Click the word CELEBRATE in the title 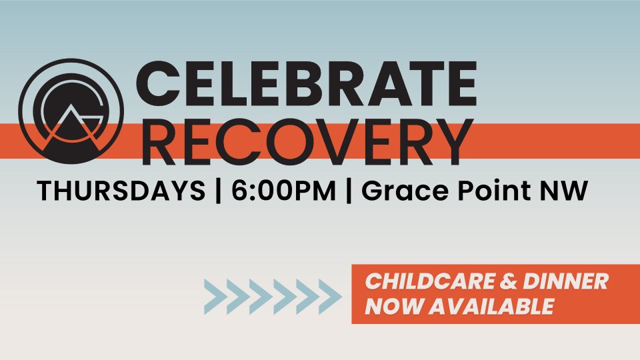pyautogui.click(x=306, y=84)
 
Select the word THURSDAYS pyautogui.click(x=121, y=191)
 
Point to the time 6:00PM pyautogui.click(x=283, y=191)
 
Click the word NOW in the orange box pyautogui.click(x=393, y=306)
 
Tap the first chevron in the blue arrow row pyautogui.click(x=214, y=297)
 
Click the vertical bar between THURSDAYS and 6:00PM pyautogui.click(x=218, y=191)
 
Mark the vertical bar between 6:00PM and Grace pyautogui.click(x=348, y=191)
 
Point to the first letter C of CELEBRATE pyautogui.click(x=157, y=84)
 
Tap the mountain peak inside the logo pyautogui.click(x=71, y=105)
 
